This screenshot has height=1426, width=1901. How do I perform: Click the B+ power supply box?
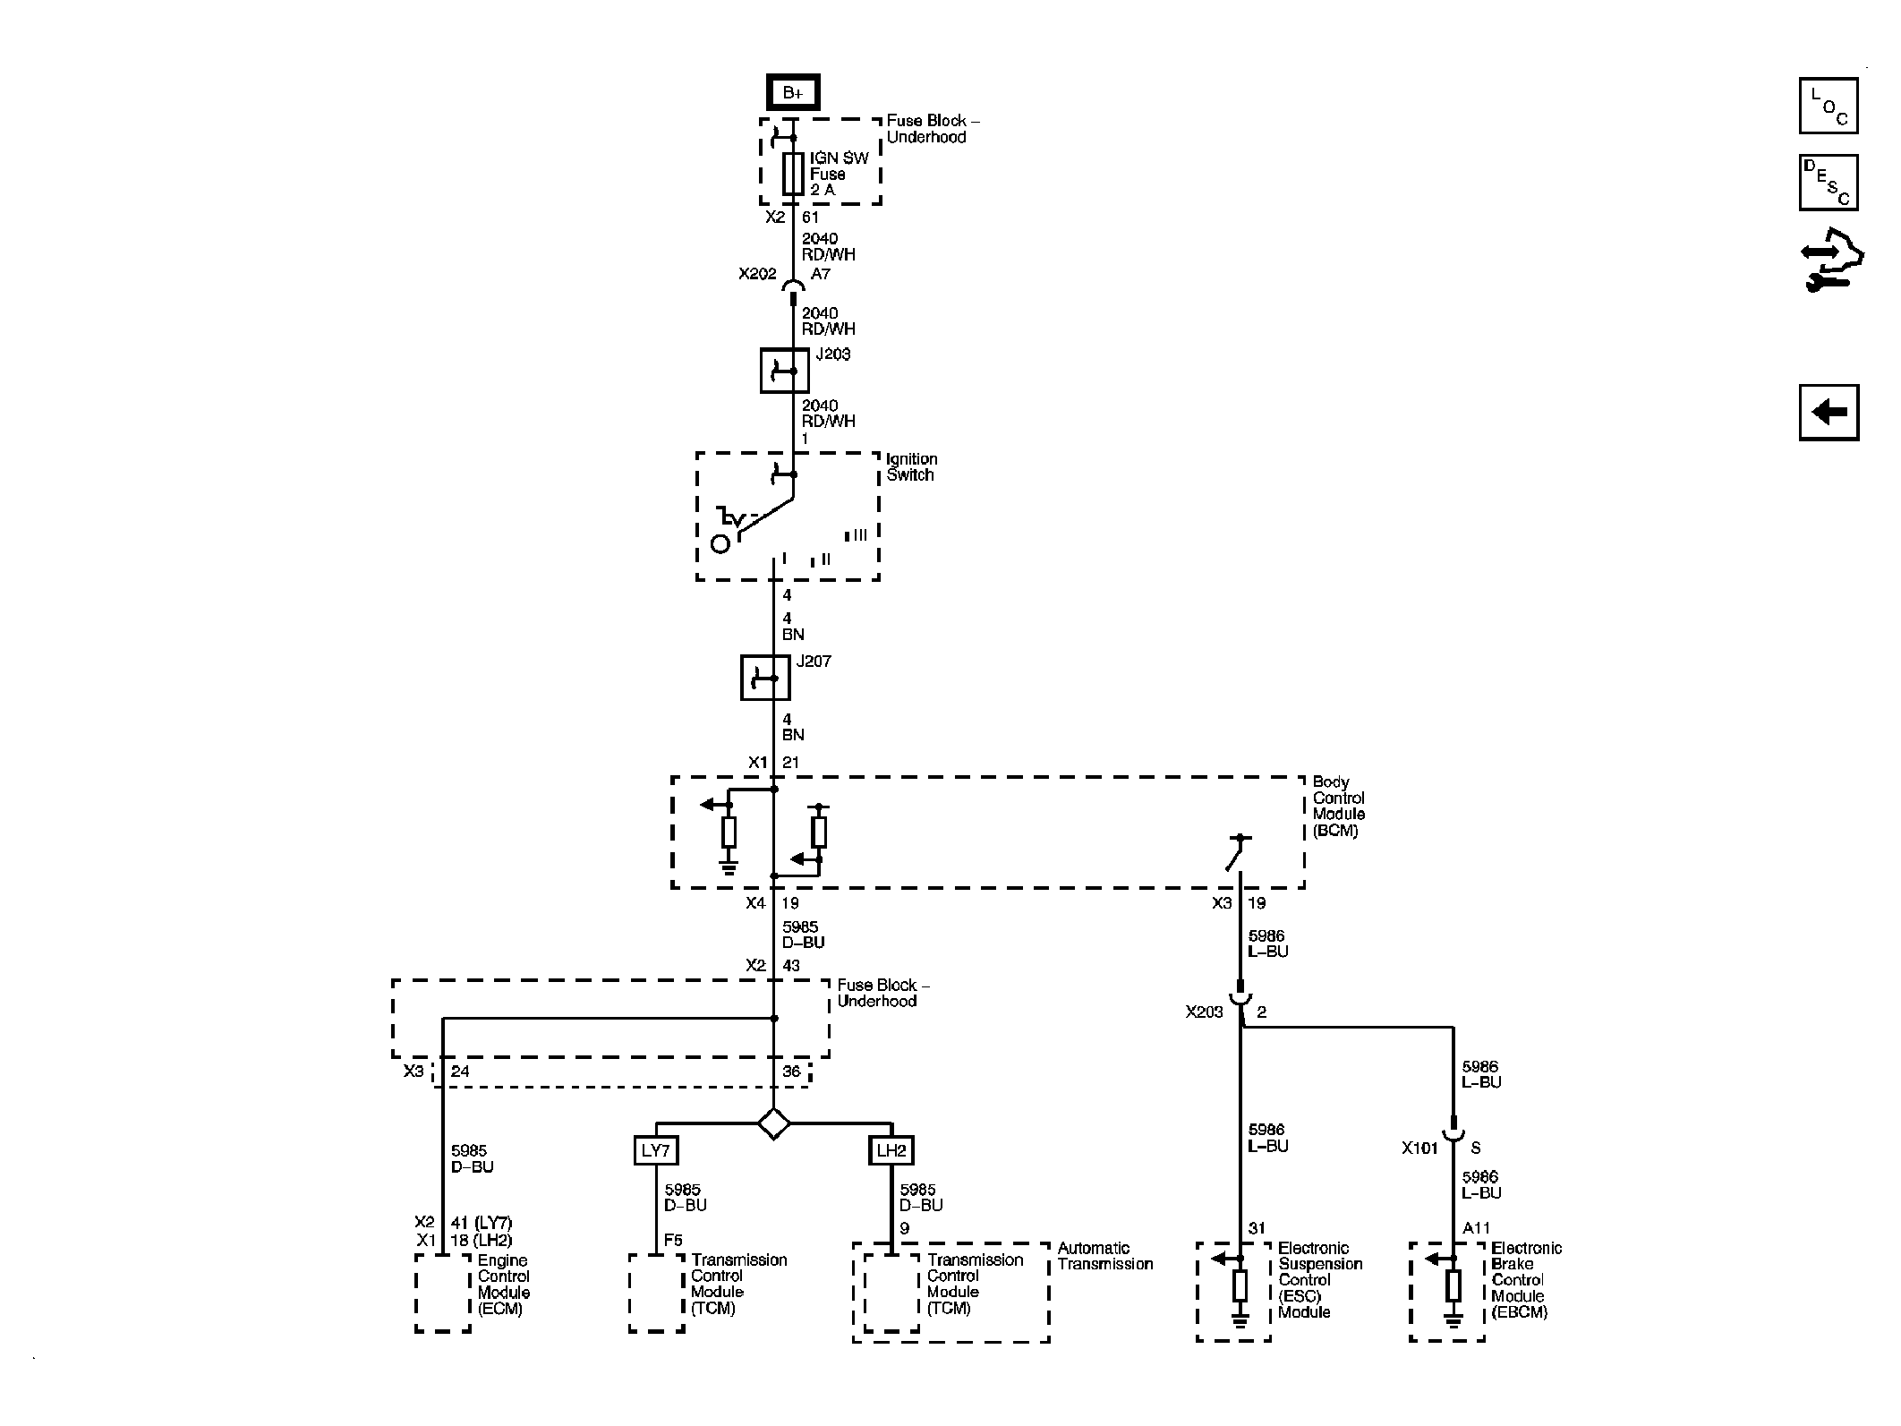click(792, 92)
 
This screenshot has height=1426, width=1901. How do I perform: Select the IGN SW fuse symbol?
click(793, 174)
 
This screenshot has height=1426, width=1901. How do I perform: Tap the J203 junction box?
click(784, 370)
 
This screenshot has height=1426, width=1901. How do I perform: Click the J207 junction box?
click(765, 678)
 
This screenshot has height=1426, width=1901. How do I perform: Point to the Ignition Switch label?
click(911, 467)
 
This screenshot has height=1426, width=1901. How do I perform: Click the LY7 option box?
click(656, 1150)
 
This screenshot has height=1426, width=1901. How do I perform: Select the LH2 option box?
click(891, 1150)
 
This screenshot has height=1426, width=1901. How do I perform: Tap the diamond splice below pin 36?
click(773, 1123)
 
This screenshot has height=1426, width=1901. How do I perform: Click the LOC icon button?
click(1829, 106)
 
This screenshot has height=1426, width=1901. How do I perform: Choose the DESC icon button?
click(1829, 183)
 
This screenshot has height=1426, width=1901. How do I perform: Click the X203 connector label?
click(1204, 1012)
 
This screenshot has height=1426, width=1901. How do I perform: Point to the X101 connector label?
click(1419, 1148)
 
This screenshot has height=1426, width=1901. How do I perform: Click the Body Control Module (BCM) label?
click(1338, 807)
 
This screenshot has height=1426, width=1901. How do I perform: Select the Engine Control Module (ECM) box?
click(443, 1292)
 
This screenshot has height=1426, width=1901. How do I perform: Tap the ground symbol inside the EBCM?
click(1453, 1319)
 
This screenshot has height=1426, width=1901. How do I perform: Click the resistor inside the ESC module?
click(1240, 1286)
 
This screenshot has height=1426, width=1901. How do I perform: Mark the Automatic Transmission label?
click(1104, 1256)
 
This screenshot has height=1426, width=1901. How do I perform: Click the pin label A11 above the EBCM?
click(1476, 1229)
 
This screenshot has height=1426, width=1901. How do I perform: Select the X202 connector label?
click(757, 274)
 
